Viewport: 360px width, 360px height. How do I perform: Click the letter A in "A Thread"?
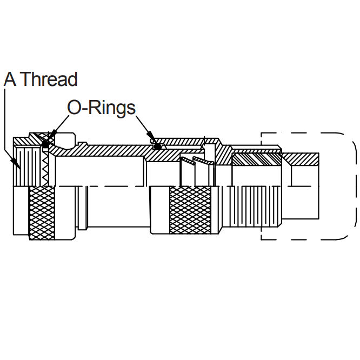tap(9, 79)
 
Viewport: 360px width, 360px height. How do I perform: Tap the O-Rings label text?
tap(101, 107)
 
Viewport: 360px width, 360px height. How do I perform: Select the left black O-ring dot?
tap(46, 145)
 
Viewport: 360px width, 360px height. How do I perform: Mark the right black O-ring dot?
tap(157, 146)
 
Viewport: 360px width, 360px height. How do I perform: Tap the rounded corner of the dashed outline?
tap(349, 140)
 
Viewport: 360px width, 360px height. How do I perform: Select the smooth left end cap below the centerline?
tap(21, 211)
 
